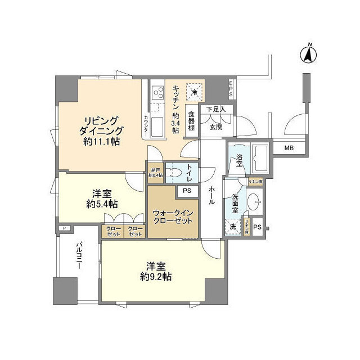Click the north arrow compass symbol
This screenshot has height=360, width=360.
(x=308, y=54)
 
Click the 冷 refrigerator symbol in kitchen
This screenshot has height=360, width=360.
(x=194, y=92)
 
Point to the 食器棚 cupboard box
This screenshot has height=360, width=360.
(x=192, y=120)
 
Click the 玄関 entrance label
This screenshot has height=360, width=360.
(x=216, y=127)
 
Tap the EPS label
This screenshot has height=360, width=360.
(x=230, y=90)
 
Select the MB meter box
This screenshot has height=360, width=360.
(x=289, y=148)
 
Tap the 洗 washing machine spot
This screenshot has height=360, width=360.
(x=232, y=227)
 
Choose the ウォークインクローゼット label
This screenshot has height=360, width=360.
(x=173, y=217)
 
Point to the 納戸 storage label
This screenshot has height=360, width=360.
(x=156, y=172)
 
